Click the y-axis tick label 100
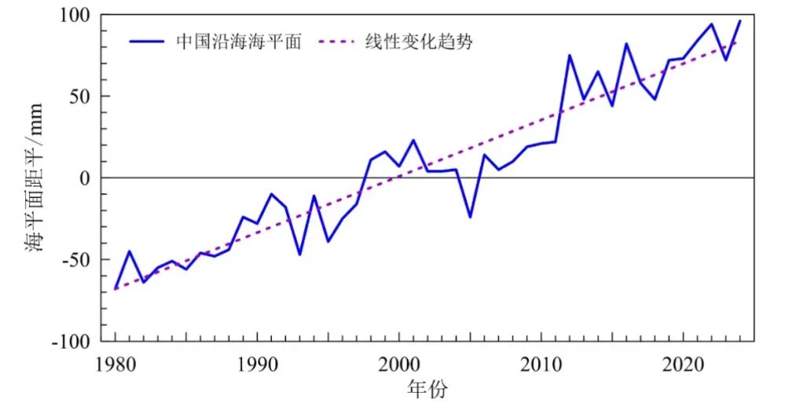[75, 15]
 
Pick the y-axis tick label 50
[81, 97]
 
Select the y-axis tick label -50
[78, 260]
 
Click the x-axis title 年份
[428, 387]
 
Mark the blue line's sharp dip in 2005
[470, 217]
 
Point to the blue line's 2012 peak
[569, 55]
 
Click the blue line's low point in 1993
[299, 255]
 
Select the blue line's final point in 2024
[740, 20]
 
